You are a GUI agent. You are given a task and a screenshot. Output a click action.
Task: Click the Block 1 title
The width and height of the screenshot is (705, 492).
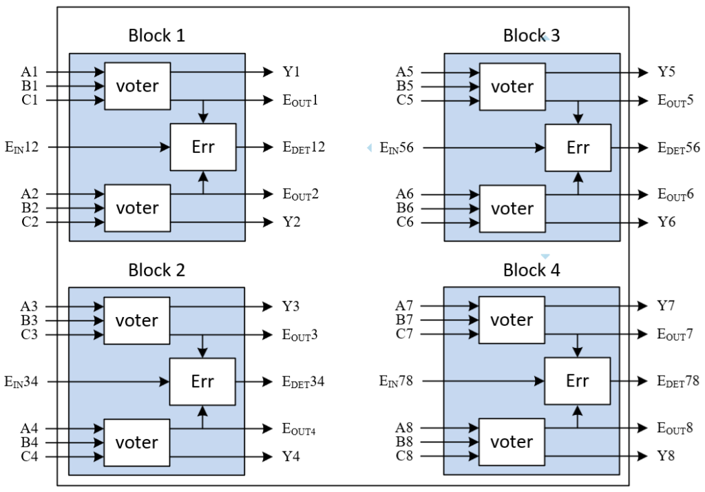(x=156, y=35)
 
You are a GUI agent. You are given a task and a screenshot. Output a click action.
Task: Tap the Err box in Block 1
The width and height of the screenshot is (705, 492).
(x=202, y=147)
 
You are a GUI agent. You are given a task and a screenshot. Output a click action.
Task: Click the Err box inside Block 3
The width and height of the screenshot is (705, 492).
(x=578, y=147)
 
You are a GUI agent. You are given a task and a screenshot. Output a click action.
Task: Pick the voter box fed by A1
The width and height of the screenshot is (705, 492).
(x=137, y=86)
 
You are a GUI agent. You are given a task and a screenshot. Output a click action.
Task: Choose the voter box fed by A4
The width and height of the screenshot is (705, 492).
(x=137, y=442)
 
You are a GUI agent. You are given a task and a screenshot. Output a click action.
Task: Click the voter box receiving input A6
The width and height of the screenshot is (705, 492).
(x=512, y=208)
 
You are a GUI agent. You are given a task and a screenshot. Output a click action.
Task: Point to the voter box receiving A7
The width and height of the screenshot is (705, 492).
(x=512, y=320)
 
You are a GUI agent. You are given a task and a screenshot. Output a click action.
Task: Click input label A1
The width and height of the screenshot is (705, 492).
(x=30, y=72)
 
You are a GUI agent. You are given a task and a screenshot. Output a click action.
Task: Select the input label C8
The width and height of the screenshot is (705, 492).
(x=405, y=456)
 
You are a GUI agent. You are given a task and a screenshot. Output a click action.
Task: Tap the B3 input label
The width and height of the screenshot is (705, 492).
(x=30, y=320)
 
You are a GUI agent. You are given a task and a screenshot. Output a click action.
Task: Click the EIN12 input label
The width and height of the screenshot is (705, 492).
(x=22, y=147)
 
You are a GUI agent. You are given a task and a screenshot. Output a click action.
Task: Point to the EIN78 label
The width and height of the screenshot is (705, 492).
(x=397, y=380)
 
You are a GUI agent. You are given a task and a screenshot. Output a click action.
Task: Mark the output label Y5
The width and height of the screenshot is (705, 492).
(x=666, y=72)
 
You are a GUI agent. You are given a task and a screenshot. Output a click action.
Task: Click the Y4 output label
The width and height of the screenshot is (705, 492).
(x=292, y=456)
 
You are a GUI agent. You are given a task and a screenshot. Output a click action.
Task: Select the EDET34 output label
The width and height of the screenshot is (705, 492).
(x=304, y=381)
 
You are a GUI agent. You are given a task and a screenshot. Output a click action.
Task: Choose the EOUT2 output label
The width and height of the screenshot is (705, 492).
(x=300, y=194)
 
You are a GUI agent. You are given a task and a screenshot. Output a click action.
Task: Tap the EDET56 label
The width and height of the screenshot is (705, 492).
(x=679, y=147)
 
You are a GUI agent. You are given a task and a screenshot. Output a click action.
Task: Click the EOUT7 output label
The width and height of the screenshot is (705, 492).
(x=675, y=335)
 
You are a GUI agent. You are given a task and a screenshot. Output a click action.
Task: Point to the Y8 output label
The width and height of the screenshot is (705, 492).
(x=666, y=456)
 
